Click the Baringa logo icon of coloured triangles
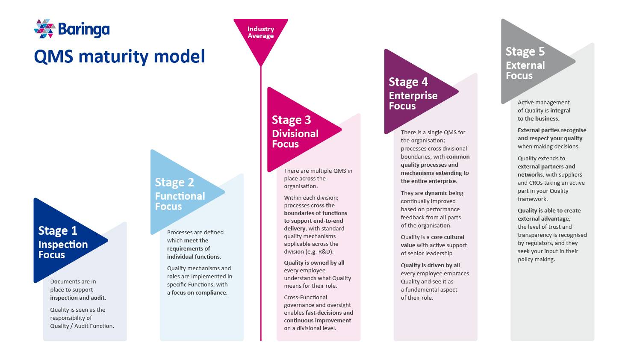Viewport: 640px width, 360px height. (x=44, y=29)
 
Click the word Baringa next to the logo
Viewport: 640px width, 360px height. (x=84, y=30)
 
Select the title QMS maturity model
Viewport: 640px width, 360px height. (x=119, y=56)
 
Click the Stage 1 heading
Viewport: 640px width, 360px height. (x=58, y=231)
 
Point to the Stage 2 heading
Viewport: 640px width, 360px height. (x=174, y=183)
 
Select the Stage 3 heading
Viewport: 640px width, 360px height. (x=291, y=120)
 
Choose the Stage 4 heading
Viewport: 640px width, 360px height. (x=408, y=82)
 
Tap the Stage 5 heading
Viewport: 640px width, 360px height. (x=525, y=52)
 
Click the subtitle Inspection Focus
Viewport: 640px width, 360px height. (x=63, y=250)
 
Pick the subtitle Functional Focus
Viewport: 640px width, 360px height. (x=180, y=201)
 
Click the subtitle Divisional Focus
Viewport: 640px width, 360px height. (x=295, y=139)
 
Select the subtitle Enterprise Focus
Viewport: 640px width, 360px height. (x=413, y=101)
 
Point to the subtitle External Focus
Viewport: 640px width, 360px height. (x=525, y=71)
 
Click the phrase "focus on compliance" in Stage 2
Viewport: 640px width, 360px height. (x=199, y=292)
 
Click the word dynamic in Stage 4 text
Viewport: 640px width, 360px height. (x=436, y=193)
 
